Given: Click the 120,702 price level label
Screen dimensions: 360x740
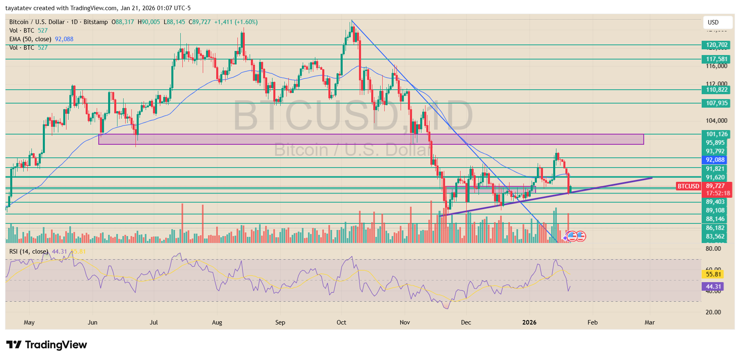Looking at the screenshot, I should (716, 45).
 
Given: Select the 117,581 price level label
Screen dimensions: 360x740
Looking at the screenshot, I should (716, 59).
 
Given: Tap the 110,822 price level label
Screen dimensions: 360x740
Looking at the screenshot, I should (716, 90).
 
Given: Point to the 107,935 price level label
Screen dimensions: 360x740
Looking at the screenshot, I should (716, 103).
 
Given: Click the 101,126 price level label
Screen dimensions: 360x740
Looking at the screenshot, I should (716, 134).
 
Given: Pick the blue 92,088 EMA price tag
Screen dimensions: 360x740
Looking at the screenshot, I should (715, 160).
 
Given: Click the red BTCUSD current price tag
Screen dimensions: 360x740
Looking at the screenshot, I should (688, 186).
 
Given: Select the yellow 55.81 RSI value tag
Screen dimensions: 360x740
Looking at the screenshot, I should (713, 274).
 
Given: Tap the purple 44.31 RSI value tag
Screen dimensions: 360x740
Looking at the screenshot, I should (713, 287).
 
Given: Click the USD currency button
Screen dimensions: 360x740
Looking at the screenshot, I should (713, 22).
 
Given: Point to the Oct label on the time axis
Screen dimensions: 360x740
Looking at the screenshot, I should (341, 322).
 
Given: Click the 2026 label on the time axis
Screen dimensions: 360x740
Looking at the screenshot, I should (529, 322).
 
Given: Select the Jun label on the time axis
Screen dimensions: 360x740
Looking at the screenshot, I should (93, 322).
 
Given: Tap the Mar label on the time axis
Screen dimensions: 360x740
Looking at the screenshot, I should (649, 322).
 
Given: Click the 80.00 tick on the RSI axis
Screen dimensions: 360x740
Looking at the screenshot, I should (713, 249).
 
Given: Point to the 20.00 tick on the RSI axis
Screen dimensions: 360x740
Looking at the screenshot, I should (713, 312).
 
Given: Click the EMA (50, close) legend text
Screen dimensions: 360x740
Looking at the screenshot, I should (30, 39).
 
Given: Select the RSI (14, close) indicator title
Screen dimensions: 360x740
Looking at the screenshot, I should (29, 252).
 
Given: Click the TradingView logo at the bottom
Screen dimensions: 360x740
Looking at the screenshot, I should (47, 345).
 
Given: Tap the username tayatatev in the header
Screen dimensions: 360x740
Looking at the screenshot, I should (18, 8).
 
